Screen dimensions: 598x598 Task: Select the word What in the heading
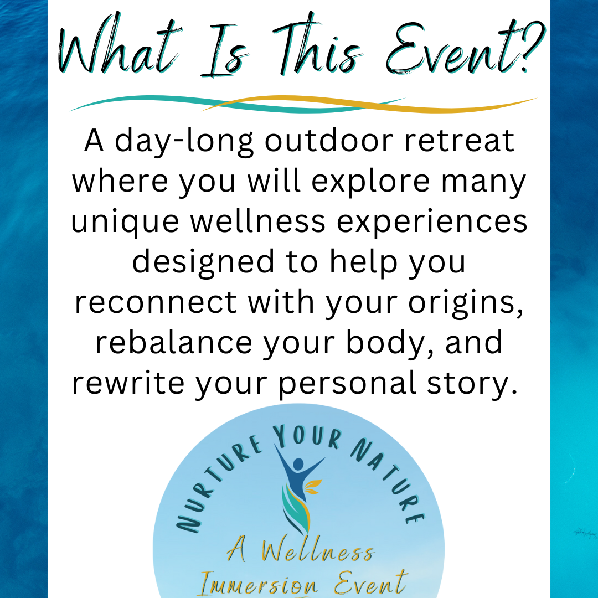118,46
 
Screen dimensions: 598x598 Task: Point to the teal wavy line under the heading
237,104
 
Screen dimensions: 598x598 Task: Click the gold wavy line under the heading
369,104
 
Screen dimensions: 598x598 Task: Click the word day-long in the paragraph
184,142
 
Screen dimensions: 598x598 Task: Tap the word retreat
459,141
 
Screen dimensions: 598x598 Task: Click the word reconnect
156,303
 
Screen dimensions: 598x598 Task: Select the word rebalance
173,343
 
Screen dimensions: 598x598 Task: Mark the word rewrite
128,383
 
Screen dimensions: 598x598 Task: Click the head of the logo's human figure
298,464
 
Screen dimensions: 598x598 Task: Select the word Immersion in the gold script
259,584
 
